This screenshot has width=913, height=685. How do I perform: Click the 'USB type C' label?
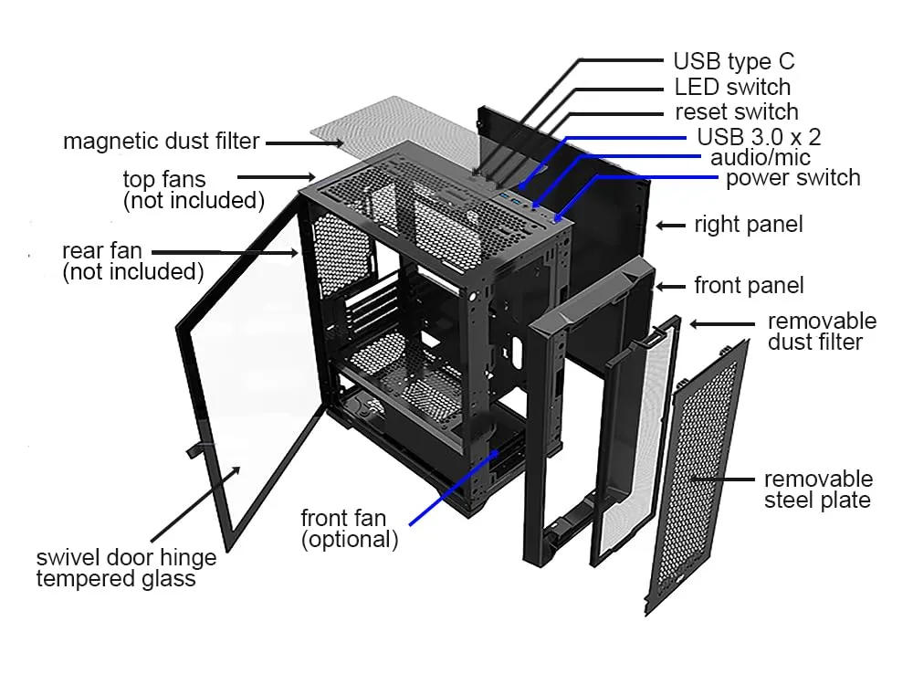coord(733,62)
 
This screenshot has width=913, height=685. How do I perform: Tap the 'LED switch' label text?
coord(732,88)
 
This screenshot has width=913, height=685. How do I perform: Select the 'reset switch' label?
coord(736,112)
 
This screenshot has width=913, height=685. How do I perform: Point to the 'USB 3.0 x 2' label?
coord(759,138)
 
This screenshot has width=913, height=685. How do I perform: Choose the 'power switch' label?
coord(792,177)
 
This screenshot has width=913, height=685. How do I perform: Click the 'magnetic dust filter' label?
coord(161,142)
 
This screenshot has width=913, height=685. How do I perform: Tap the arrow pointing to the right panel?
coord(672,225)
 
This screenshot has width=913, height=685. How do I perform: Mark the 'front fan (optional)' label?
coord(350,529)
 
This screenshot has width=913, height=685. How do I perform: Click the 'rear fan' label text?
coord(108,250)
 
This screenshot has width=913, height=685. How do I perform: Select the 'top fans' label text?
coord(164,178)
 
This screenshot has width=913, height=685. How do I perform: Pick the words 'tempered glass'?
coord(115,578)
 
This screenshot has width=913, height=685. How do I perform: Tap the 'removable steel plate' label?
coord(818,490)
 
